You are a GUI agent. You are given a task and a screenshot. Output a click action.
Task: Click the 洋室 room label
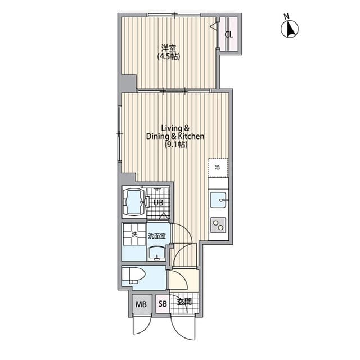point(168,47)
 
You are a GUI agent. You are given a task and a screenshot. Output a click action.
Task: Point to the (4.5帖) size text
point(168,56)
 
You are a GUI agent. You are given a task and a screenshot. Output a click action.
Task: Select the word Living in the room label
point(169,128)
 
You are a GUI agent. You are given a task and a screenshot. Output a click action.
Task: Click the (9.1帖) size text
point(175,145)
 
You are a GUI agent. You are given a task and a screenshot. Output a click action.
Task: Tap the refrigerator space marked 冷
point(218,166)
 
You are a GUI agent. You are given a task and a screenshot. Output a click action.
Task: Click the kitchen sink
point(218,200)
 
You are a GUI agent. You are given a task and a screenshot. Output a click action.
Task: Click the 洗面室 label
point(156,237)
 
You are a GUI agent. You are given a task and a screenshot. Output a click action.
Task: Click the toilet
point(135,276)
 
